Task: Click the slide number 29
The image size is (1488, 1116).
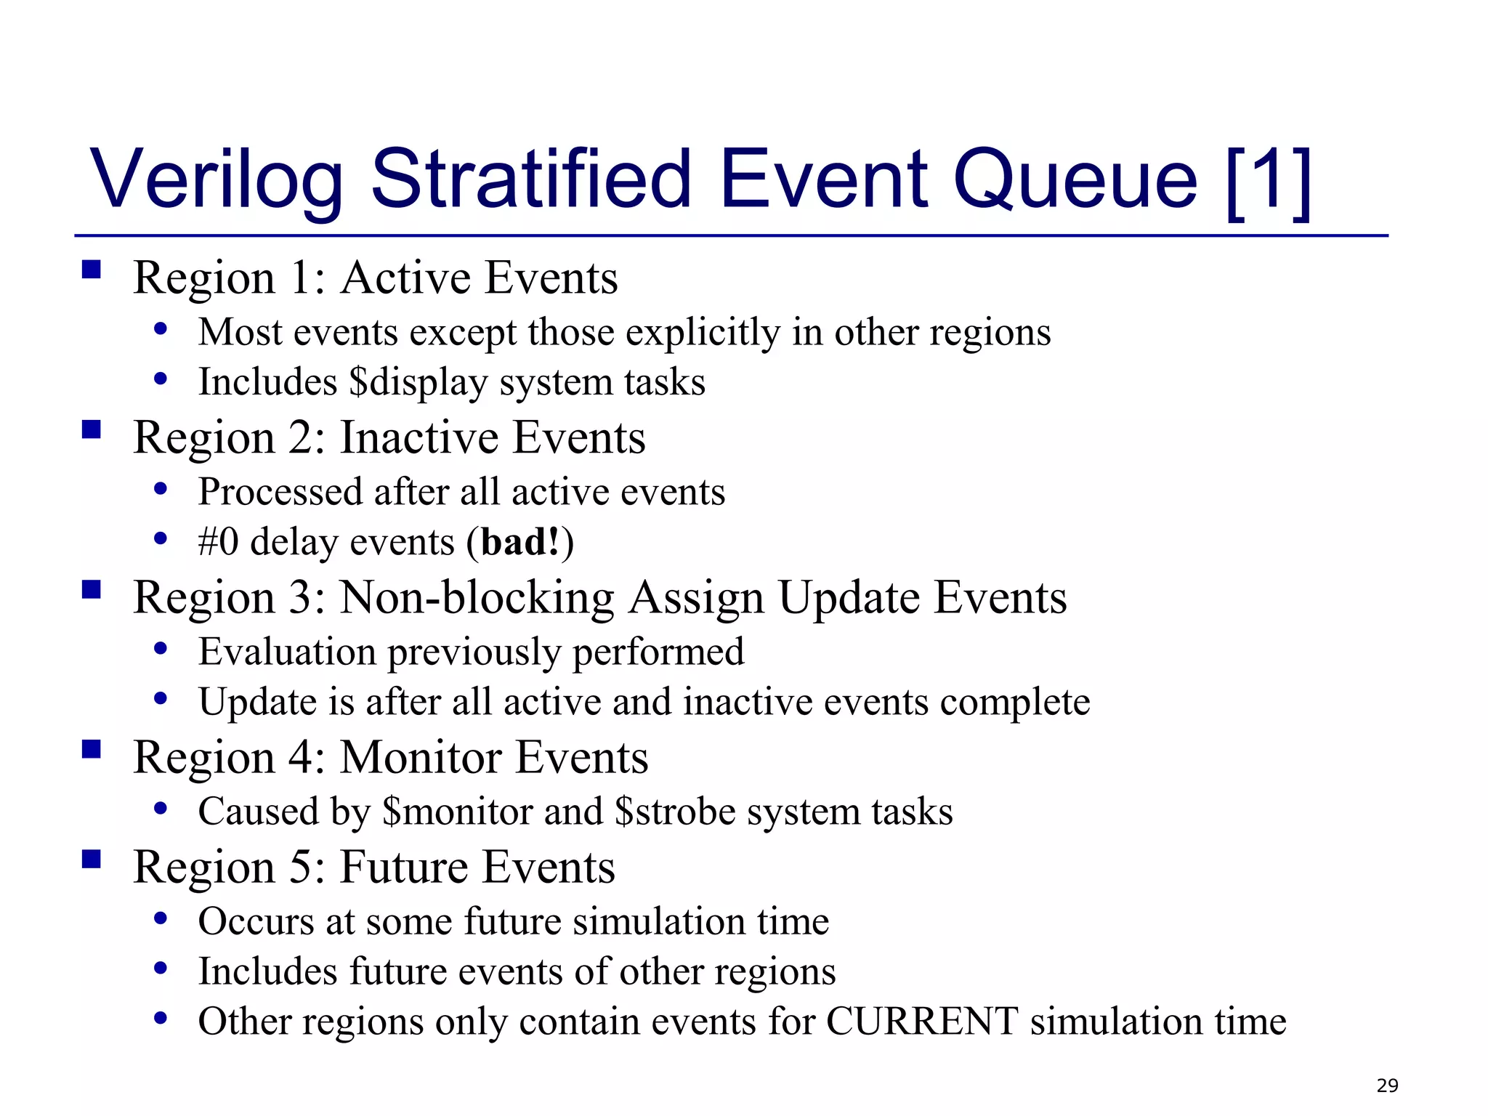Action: pos(1386,1085)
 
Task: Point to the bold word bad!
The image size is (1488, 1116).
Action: pos(520,543)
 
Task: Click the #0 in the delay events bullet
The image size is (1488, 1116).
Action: pos(218,543)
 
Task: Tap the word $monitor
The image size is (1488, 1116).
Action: pos(458,812)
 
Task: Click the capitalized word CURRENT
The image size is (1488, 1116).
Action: pos(922,1022)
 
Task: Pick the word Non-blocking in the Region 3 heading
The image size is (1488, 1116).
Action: pos(477,598)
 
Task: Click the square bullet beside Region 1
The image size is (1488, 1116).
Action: pos(92,270)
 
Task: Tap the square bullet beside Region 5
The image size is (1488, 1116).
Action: pos(92,860)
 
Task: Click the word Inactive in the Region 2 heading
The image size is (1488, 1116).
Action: pos(419,438)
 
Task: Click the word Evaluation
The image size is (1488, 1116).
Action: pos(287,652)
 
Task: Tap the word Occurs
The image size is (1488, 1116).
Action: pos(256,921)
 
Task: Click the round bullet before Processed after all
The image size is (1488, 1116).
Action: pos(161,489)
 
